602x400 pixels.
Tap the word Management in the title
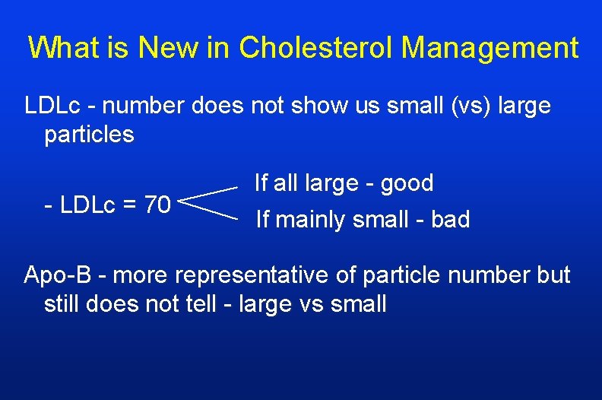[x=490, y=48]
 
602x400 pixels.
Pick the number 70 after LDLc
[x=157, y=205]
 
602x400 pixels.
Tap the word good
[x=407, y=183]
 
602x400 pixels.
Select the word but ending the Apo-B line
[x=552, y=275]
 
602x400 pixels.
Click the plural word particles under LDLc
[x=89, y=135]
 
